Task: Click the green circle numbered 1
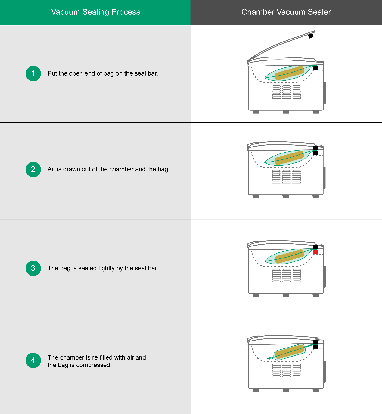click(x=33, y=73)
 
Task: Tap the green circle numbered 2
click(x=33, y=169)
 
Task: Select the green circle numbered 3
click(x=33, y=268)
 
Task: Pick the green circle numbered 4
click(x=33, y=360)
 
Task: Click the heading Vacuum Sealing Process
click(x=95, y=12)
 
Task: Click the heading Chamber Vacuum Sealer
click(x=286, y=12)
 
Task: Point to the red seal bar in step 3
click(x=315, y=252)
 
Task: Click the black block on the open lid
click(x=311, y=36)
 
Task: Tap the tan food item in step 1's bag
click(x=289, y=73)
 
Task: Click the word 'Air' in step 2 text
click(x=51, y=169)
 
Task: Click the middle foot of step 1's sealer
click(x=286, y=112)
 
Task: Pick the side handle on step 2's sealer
click(x=324, y=178)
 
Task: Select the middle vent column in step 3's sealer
click(x=287, y=276)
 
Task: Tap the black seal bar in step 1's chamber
click(x=315, y=68)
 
